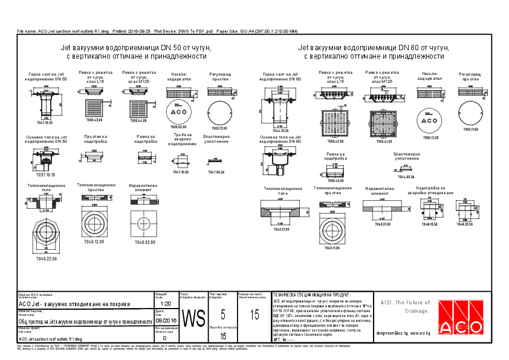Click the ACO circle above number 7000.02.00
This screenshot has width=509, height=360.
coord(179,112)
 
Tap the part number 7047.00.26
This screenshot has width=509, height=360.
coord(216,172)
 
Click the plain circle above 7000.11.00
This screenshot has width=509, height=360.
coord(470,113)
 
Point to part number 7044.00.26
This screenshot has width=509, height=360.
coord(406,177)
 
